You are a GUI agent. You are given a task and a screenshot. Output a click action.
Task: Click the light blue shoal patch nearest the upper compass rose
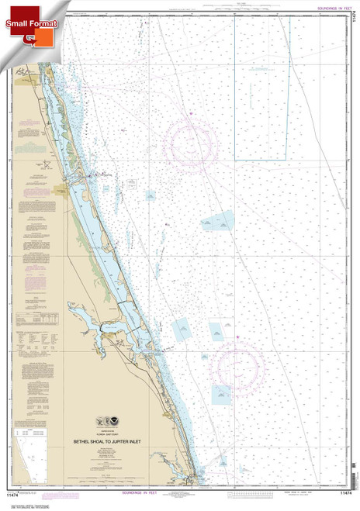[218, 222]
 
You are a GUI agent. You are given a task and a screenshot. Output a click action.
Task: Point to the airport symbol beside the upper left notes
[47, 165]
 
